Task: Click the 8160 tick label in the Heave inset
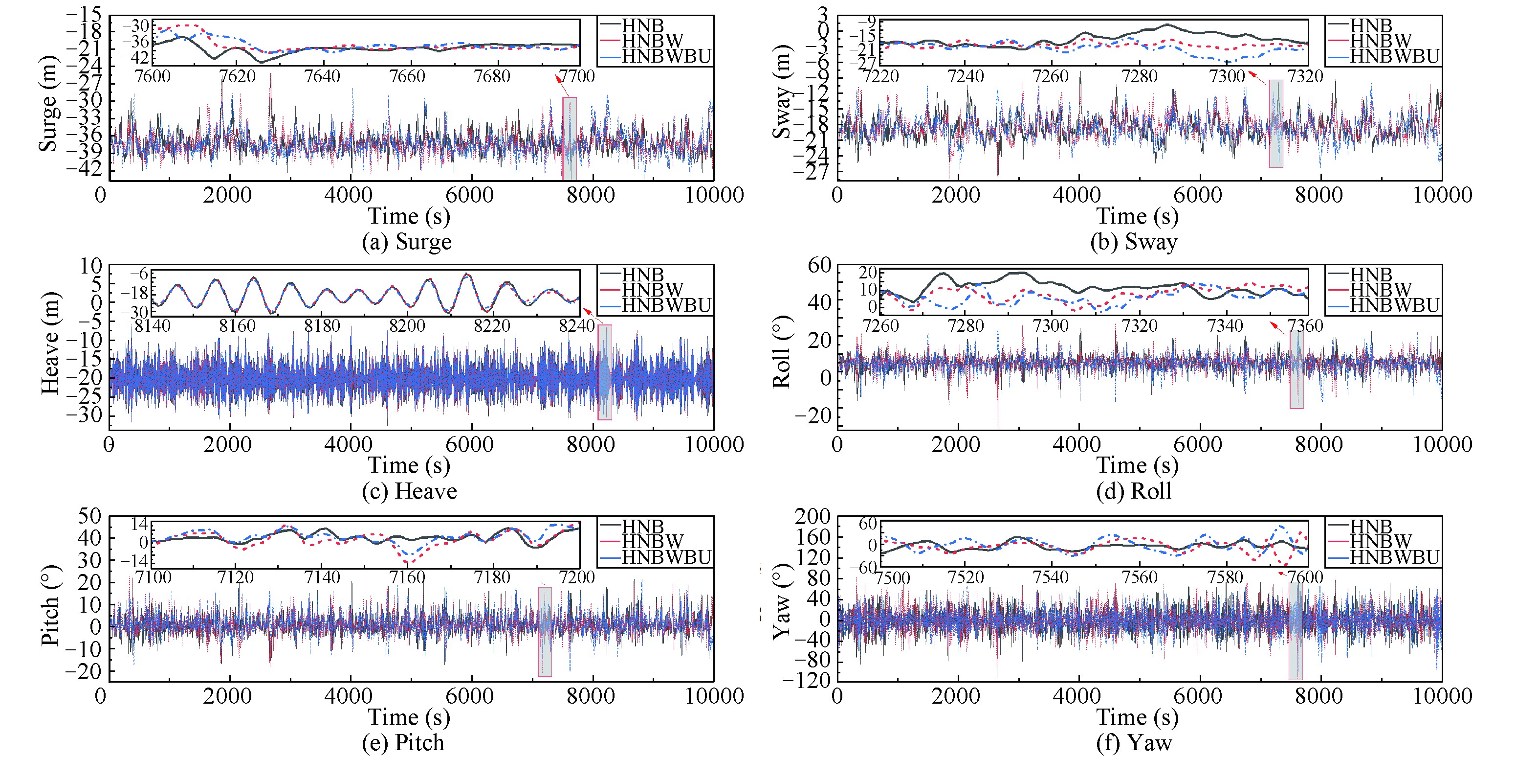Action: pos(237,326)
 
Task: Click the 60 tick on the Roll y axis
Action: pos(820,265)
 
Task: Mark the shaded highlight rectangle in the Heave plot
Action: pos(604,372)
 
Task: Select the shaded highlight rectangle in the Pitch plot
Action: pos(545,631)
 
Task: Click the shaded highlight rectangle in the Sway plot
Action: pos(1276,124)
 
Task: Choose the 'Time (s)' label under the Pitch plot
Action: pos(409,717)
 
